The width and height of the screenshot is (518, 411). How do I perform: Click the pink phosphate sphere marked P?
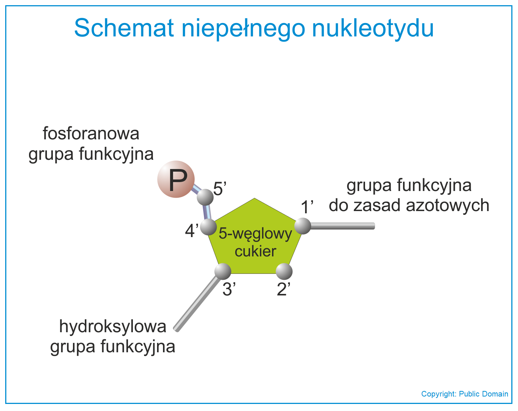[176, 179]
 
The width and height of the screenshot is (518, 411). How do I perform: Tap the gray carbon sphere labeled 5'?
[205, 197]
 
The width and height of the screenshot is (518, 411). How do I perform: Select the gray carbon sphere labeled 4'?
[208, 227]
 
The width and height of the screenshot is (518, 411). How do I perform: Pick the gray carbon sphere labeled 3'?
[223, 271]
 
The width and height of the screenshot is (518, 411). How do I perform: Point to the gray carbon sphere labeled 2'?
[284, 271]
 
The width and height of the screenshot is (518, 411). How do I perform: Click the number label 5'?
[220, 189]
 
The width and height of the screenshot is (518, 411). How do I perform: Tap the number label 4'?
[192, 231]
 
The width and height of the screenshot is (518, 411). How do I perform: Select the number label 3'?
[229, 289]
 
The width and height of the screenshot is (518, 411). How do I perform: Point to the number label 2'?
[284, 289]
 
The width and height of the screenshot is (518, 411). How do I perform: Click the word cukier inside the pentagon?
[255, 252]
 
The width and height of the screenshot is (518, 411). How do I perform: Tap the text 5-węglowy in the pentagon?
[255, 234]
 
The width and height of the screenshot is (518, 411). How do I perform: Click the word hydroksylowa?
[113, 326]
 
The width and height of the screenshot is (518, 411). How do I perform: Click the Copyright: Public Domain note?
[464, 394]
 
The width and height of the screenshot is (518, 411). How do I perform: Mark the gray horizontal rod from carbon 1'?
[343, 226]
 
